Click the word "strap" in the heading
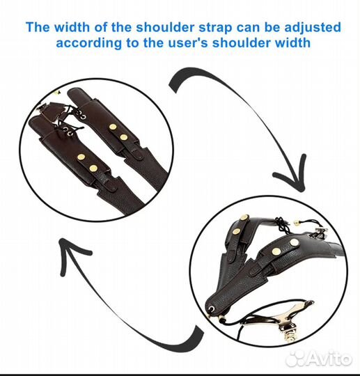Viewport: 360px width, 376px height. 215,27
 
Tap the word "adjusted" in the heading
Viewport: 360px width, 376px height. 313,27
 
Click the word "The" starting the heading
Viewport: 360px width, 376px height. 38,26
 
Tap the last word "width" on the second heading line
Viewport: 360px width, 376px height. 292,42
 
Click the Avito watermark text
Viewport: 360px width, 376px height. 329,359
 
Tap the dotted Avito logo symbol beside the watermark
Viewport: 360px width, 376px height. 295,360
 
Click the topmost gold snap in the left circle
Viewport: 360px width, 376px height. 113,127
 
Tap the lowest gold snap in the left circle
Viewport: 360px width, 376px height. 93,169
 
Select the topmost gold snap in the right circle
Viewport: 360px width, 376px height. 244,218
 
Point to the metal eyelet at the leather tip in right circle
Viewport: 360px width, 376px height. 212,308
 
